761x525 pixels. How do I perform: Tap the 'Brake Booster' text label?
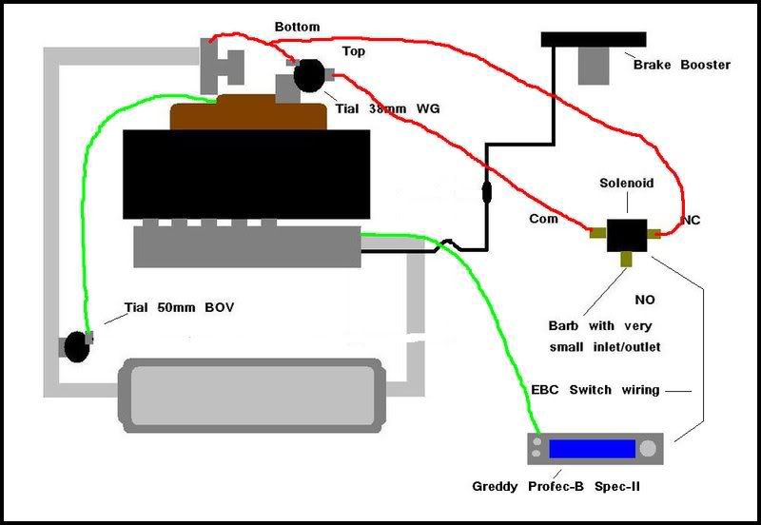pos(682,65)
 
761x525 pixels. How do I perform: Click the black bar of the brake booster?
pos(594,39)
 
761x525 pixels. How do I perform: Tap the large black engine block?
pos(246,174)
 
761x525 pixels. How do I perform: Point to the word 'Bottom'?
pos(298,27)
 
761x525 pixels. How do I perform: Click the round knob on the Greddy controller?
pos(646,448)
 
